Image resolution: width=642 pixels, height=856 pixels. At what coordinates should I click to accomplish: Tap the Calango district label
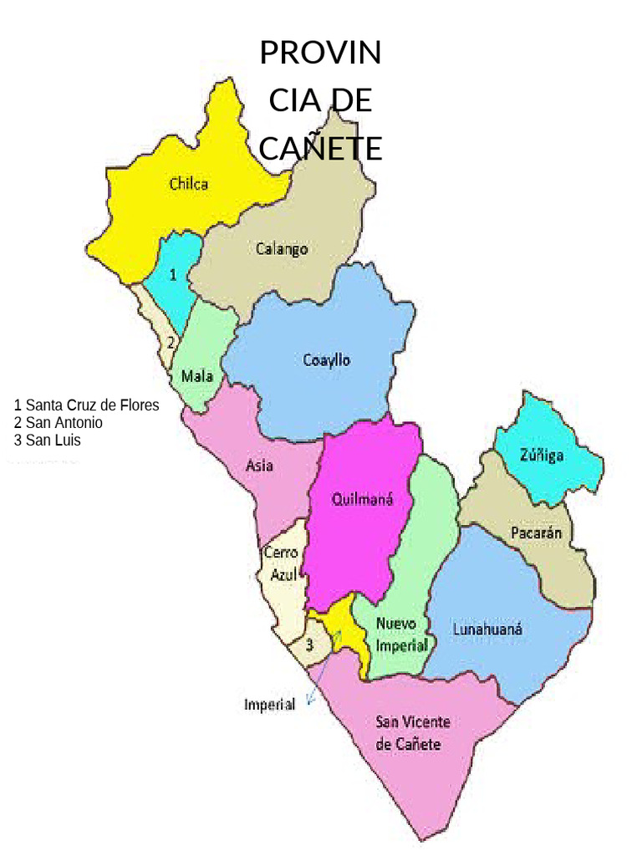[x=282, y=248]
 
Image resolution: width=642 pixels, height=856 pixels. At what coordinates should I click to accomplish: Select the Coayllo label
[x=326, y=360]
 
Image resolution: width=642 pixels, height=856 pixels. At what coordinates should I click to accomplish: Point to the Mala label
[x=197, y=376]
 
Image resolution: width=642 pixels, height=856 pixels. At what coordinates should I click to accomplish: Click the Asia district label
[x=260, y=466]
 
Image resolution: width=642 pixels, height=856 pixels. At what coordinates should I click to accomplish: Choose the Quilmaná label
[x=362, y=500]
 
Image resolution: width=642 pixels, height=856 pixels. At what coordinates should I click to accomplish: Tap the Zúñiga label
[x=542, y=456]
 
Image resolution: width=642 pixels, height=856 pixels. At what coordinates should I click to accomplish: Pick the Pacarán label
[x=536, y=532]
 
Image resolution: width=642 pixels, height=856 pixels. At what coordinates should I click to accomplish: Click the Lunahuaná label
[x=487, y=629]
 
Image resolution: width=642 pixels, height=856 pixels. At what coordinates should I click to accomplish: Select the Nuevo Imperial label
[x=402, y=634]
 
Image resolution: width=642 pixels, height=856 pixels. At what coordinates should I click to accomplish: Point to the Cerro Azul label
[x=281, y=563]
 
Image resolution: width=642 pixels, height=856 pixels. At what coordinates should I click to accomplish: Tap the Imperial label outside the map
[x=269, y=705]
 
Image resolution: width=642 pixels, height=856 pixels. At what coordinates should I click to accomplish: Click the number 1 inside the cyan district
[x=173, y=275]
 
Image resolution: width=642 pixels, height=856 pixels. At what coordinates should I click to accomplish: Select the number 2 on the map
[x=171, y=341]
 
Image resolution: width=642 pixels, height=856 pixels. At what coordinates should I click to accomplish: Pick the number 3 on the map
[x=309, y=645]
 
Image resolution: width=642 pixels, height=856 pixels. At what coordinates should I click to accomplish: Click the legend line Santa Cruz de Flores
[x=86, y=405]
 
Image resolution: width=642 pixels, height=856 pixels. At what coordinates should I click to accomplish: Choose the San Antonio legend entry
[x=59, y=423]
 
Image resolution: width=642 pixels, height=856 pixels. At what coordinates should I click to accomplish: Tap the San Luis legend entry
[x=48, y=441]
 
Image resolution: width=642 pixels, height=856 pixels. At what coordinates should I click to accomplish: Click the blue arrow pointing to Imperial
[x=322, y=669]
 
